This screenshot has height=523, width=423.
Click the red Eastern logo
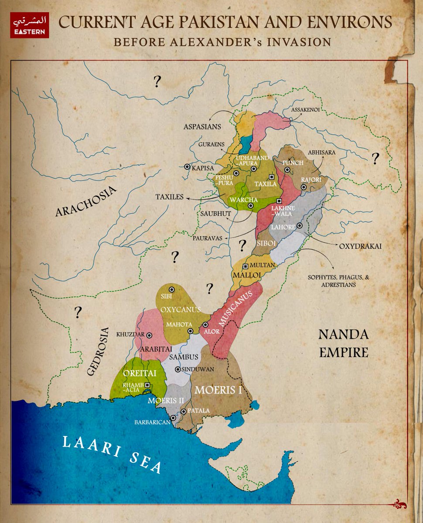30,26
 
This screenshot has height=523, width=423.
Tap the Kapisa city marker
187,166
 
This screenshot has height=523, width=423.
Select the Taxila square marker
272,177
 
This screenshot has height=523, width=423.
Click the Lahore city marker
300,226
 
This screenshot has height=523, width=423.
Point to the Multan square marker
246,266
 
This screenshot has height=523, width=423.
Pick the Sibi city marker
172,289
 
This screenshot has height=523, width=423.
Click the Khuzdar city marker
149,335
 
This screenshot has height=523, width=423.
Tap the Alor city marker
205,325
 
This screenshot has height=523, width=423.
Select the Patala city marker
184,411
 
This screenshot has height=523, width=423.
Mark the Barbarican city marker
173,418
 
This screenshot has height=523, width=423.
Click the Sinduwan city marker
177,369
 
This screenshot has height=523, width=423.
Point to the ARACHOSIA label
87,201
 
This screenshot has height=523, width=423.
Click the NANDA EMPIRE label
344,343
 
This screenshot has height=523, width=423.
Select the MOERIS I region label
218,389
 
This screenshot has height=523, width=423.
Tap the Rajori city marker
304,187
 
